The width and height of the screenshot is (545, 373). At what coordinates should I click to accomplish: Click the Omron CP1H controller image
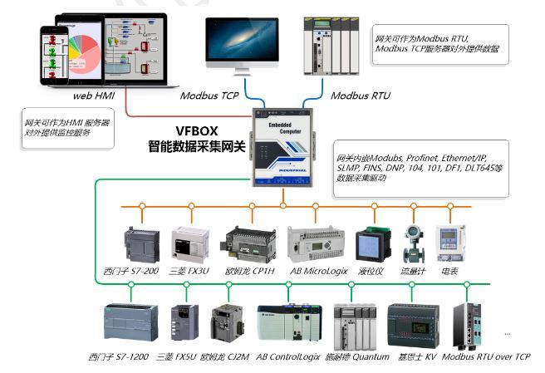[248, 245]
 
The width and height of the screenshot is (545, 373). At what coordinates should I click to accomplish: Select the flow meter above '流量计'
[411, 243]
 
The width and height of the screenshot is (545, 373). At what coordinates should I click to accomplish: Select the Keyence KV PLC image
[413, 324]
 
